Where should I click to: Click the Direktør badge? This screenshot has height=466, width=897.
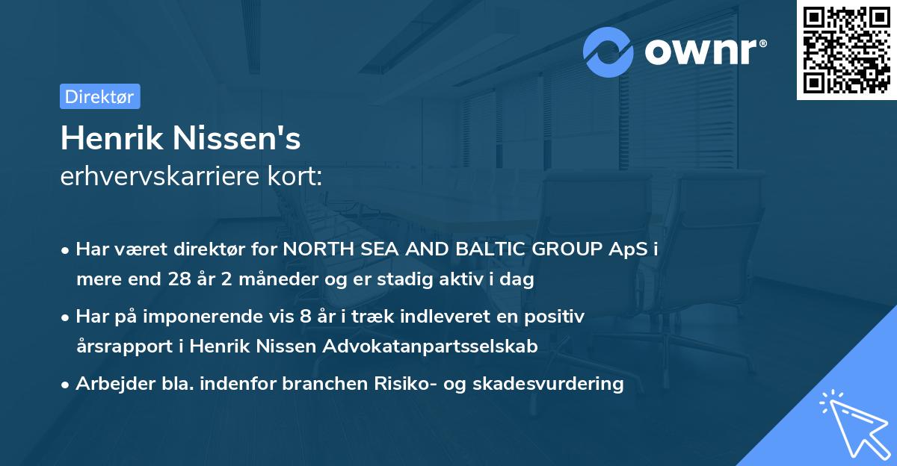(99, 96)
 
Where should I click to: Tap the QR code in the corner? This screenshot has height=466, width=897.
(845, 50)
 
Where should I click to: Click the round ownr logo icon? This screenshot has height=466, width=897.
(608, 52)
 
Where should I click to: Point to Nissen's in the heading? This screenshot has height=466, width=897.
(239, 139)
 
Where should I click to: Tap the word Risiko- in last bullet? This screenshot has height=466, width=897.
(411, 384)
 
